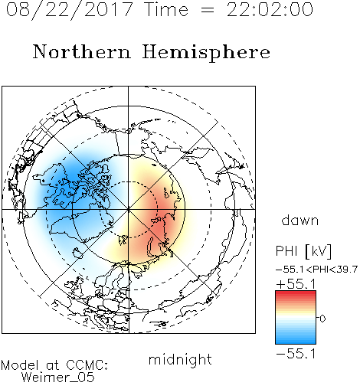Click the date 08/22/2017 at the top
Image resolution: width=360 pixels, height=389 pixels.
69,10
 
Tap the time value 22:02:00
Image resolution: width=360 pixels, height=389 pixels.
270,9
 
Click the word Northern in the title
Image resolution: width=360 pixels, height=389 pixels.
82,51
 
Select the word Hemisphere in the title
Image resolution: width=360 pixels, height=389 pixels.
206,53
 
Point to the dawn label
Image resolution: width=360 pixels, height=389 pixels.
300,220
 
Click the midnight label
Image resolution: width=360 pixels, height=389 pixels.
180,360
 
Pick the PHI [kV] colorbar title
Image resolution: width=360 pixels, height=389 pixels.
303,251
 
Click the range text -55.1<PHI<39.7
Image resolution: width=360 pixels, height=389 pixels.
316,270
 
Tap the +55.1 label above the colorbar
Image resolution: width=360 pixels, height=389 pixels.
296,284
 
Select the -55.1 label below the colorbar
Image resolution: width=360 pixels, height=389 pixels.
296,354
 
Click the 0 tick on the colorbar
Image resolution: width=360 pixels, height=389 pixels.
322,319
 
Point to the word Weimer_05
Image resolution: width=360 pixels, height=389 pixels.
57,378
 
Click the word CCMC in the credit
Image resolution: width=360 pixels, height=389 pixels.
87,365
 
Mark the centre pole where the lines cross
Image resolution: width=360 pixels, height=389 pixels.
129,209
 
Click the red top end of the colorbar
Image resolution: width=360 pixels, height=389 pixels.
296,293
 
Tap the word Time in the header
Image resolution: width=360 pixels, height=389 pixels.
166,9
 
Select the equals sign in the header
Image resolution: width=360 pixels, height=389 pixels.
208,10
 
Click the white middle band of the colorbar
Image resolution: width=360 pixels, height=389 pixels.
296,318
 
